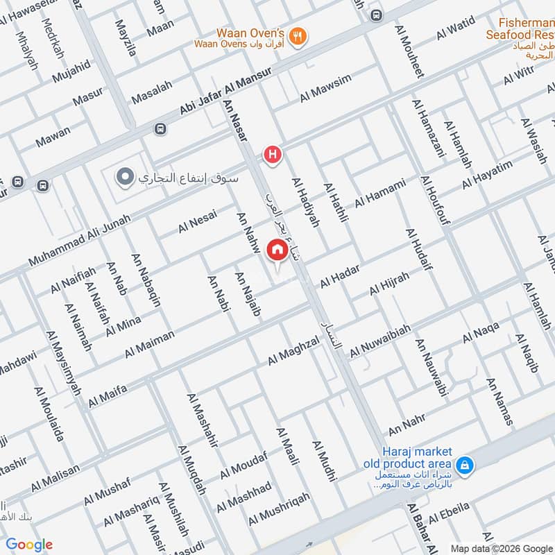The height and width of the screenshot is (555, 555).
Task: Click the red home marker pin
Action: [277, 249]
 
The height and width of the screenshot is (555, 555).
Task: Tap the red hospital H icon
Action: [273, 154]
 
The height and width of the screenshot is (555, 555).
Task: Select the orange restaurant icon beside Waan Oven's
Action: [298, 37]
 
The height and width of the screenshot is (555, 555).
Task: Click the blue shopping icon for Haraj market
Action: [466, 463]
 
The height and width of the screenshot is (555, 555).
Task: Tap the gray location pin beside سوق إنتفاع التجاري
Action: [125, 177]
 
